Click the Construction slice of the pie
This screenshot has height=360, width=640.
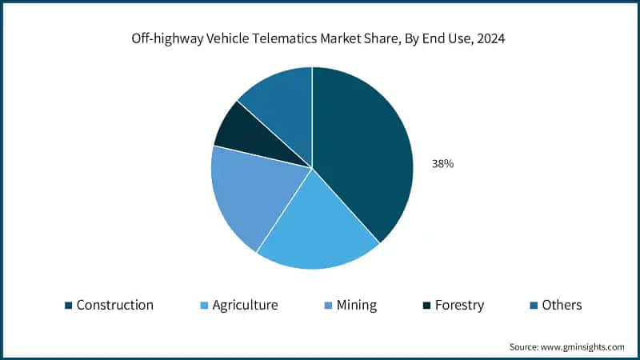pyautogui.click(x=364, y=152)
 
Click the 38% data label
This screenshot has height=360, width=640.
pyautogui.click(x=442, y=163)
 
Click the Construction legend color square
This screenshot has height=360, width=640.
pyautogui.click(x=69, y=306)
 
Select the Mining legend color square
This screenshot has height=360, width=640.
pyautogui.click(x=328, y=306)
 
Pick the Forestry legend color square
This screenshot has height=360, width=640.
pyautogui.click(x=427, y=306)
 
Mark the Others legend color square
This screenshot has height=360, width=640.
pyautogui.click(x=533, y=306)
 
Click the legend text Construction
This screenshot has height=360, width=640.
pyautogui.click(x=114, y=305)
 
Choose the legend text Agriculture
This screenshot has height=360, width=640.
pyautogui.click(x=245, y=305)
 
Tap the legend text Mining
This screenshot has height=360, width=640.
pyautogui.click(x=357, y=305)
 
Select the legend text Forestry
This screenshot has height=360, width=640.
pyautogui.click(x=462, y=305)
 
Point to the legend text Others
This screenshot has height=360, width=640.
pyautogui.click(x=562, y=305)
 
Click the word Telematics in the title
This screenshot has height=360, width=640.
pyautogui.click(x=290, y=39)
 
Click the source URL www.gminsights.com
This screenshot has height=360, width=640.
pyautogui.click(x=583, y=346)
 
